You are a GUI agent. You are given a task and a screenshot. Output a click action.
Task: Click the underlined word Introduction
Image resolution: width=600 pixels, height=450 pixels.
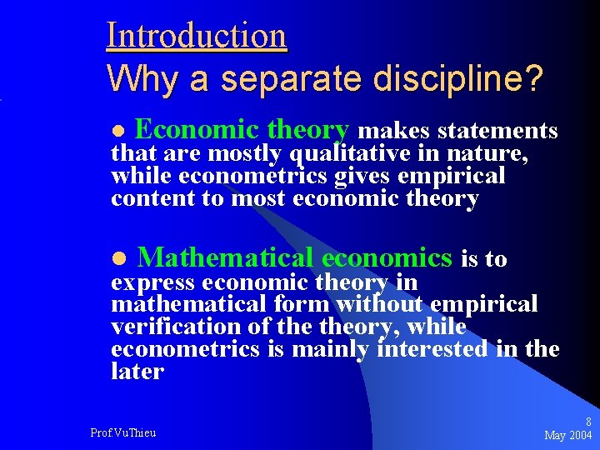coord(197,36)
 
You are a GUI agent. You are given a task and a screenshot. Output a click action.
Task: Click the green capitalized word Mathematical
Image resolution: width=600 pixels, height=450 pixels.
coord(225,258)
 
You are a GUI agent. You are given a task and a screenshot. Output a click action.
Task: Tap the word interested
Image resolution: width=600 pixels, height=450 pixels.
coord(432,350)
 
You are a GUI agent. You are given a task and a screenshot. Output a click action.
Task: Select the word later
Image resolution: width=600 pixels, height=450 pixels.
coord(137,372)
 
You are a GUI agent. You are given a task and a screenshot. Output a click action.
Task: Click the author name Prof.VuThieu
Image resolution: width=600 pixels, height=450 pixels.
coord(123,432)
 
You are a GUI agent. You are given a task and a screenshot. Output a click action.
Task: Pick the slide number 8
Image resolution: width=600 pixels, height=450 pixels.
coord(588,422)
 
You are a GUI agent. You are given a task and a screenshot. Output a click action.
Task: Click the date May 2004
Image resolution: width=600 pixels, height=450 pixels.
coord(567,435)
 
